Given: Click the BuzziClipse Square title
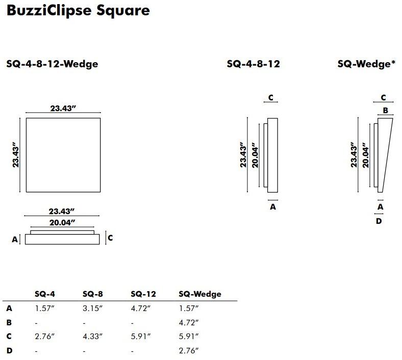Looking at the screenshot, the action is coord(78,11).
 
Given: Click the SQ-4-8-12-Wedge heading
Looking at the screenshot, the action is coord(52,64).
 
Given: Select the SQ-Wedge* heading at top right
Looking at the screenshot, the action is coord(366,64).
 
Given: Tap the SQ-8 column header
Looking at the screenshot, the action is coord(92,294).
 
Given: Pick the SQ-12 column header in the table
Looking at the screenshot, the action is coord(143,294).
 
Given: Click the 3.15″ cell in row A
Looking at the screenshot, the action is coord(92,308).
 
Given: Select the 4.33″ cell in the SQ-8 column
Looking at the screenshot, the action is coord(92,336).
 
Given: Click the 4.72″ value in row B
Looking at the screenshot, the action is coord(189,322).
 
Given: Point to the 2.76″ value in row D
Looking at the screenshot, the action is coord(189,350).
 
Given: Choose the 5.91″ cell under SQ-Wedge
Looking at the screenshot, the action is coord(189,336).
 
